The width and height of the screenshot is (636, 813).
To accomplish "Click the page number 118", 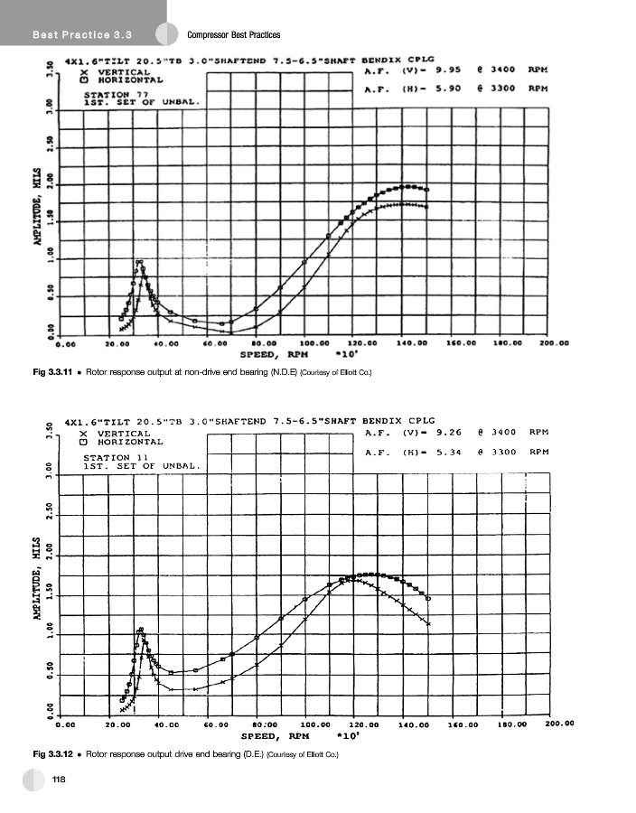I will [59, 780].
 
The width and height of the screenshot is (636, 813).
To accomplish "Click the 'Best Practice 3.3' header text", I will [82, 35].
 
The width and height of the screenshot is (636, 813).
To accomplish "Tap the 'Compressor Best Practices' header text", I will [234, 35].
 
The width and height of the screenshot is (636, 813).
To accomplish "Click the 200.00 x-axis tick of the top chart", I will [550, 343].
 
